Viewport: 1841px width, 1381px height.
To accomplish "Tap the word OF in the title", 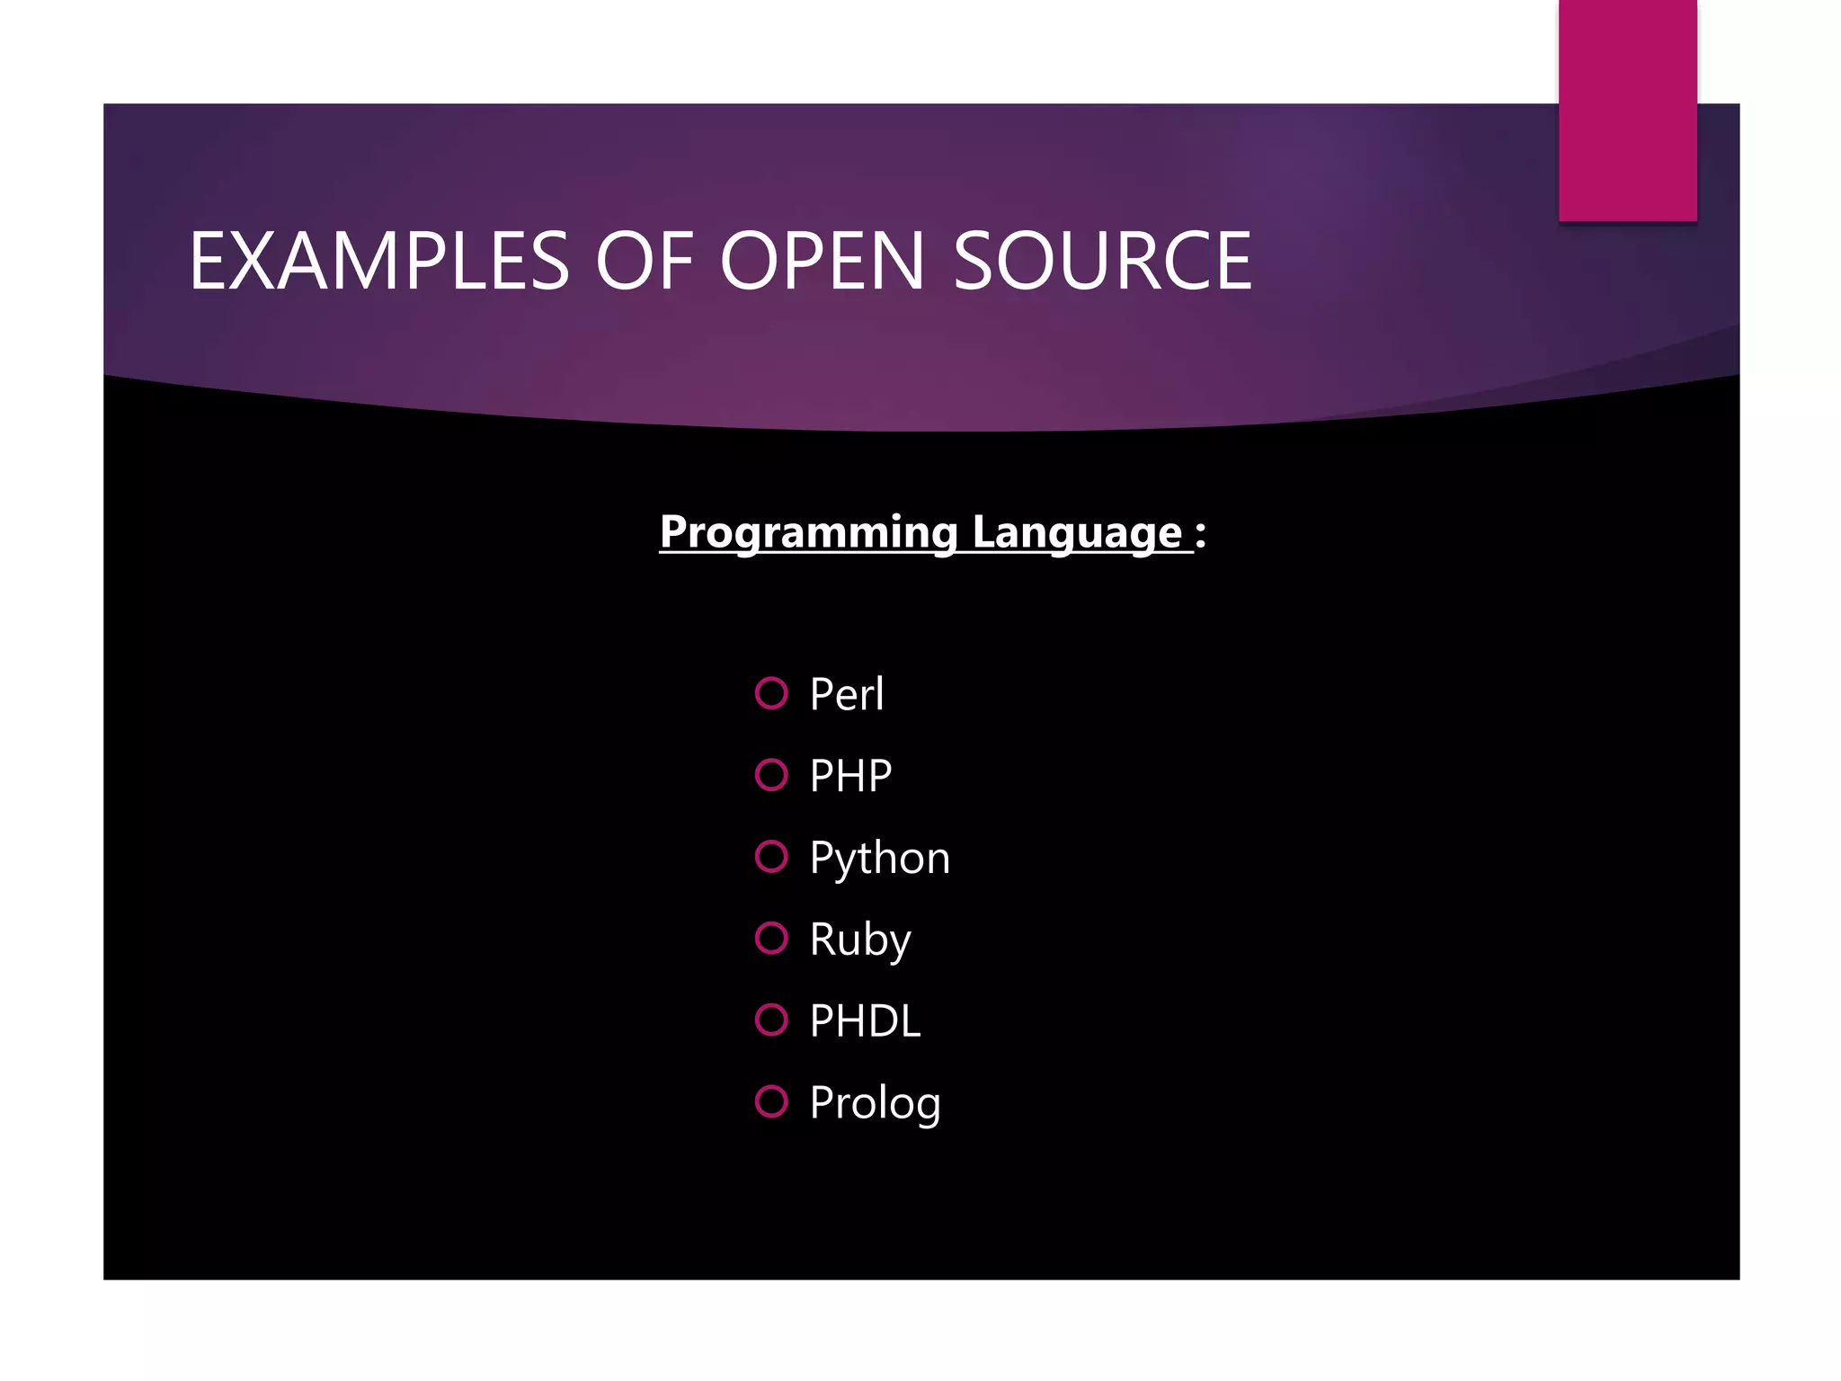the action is (644, 261).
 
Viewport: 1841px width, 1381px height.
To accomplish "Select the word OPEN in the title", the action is (822, 261).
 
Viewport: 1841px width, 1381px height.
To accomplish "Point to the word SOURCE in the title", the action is (1102, 261).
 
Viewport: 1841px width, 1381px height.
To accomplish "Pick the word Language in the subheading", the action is (1076, 532).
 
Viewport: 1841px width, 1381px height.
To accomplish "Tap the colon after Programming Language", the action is (1201, 534).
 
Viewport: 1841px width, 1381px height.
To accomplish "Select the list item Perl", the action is (847, 694).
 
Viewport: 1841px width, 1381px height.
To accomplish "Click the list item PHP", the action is (850, 776).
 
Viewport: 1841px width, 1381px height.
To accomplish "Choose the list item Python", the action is (879, 858).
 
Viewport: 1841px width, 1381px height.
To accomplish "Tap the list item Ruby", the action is (859, 940).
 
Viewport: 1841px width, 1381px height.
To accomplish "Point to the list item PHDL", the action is (865, 1021).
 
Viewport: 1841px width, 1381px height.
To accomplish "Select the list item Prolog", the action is (875, 1103).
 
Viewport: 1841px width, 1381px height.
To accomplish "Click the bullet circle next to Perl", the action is (771, 693).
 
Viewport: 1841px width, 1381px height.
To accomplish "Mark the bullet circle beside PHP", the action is (771, 775).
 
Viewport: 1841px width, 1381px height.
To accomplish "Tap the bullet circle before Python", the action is (771, 857).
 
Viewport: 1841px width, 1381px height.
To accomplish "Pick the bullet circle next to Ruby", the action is (771, 938).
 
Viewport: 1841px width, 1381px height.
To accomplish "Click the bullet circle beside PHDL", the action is (771, 1020).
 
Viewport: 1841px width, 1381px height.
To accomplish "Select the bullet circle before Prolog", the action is (771, 1101).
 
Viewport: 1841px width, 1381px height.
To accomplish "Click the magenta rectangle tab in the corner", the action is (1627, 110).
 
